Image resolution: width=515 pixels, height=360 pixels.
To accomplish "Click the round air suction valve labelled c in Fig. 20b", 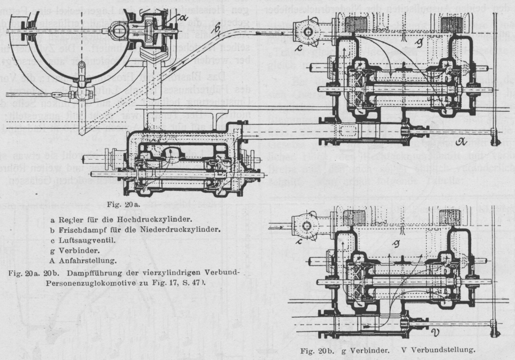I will point(308,227).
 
